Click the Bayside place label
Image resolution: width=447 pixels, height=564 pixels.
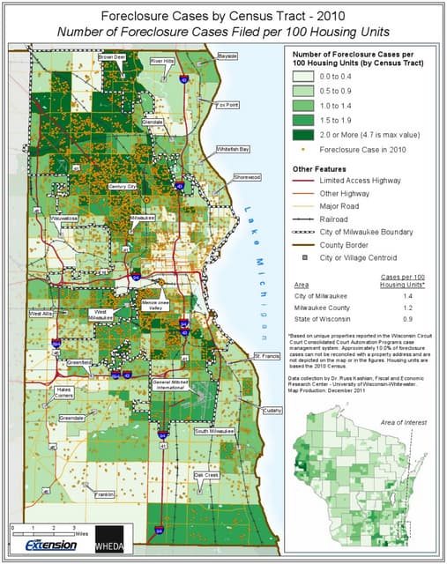228,56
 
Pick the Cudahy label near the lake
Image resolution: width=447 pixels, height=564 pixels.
271,410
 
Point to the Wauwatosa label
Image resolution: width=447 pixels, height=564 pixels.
63,216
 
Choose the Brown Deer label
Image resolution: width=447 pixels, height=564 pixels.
112,56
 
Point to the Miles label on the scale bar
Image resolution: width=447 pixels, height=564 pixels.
81,533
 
